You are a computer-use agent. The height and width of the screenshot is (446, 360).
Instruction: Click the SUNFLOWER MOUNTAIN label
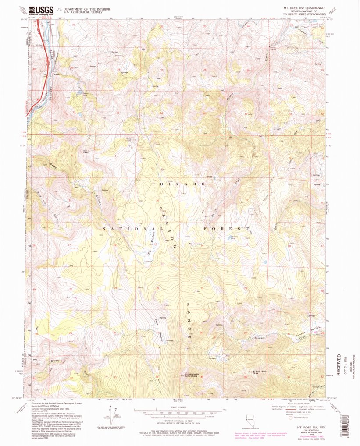pyautogui.click(x=192, y=375)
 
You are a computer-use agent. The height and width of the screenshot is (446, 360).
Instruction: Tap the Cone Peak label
pyautogui.click(x=86, y=151)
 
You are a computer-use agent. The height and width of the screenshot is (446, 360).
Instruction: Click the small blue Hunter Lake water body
pyautogui.click(x=264, y=262)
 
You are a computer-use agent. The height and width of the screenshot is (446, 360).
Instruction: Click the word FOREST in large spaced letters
pyautogui.click(x=228, y=229)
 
